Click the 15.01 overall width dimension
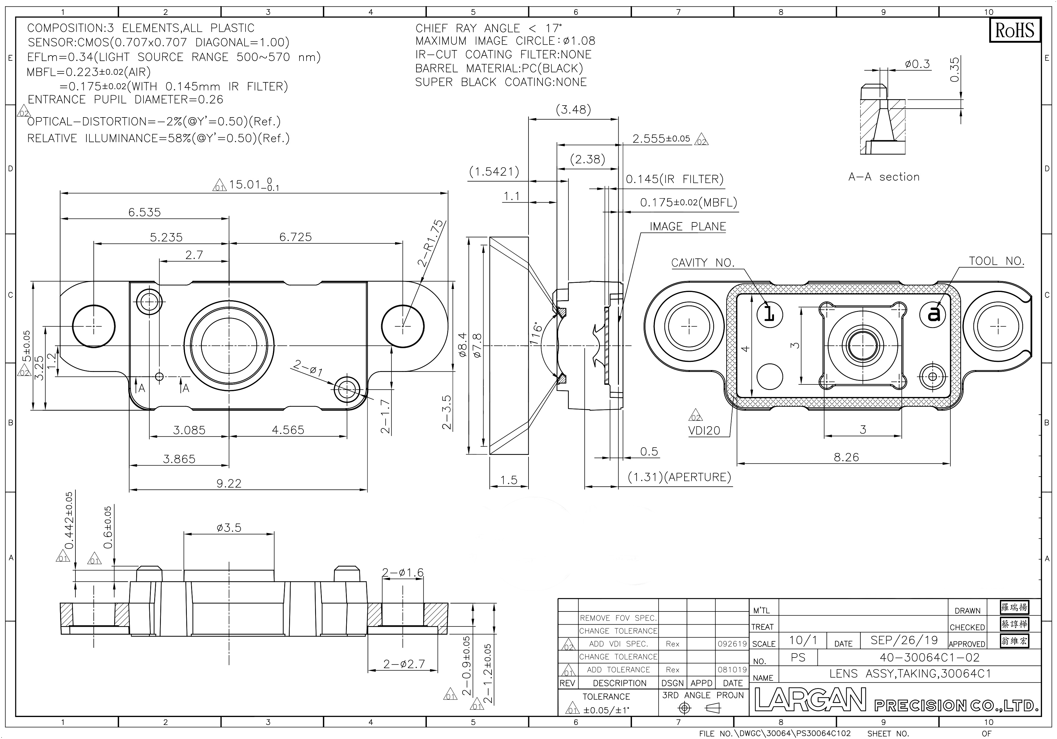(254, 185)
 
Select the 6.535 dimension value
(144, 212)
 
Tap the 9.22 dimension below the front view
(229, 483)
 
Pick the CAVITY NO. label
(703, 263)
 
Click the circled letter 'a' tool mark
(933, 314)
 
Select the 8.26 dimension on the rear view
(846, 457)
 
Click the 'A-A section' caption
(884, 177)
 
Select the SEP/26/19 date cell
(904, 640)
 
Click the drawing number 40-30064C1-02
(929, 657)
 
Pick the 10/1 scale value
(803, 640)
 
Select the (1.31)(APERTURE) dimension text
(680, 477)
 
